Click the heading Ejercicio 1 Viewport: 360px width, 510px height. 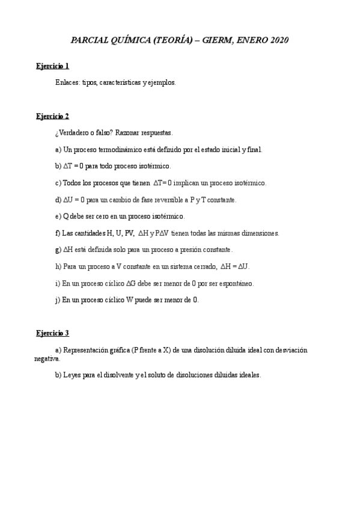[52, 66]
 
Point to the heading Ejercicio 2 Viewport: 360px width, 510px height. [52, 115]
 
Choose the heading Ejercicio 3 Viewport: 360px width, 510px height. [52, 333]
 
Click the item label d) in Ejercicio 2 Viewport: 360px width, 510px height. [58, 199]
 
